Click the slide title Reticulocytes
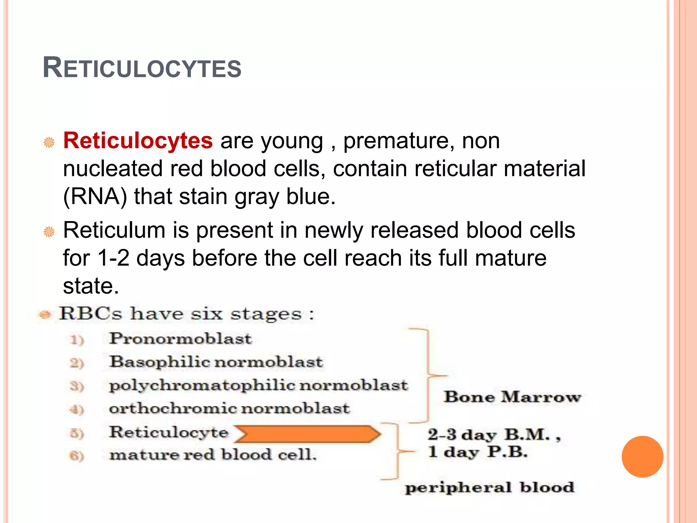pos(142,68)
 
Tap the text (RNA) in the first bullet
pos(95,197)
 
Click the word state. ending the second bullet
pos(91,286)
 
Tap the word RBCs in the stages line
pos(90,314)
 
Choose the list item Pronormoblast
pos(180,338)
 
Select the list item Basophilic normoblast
pos(216,362)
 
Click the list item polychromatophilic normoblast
pos(258,385)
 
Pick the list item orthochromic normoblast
pos(229,408)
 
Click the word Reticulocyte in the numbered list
pos(168,432)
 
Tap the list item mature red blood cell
pos(213,455)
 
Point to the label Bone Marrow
pos(513,397)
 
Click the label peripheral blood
pos(489,487)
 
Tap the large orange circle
pos(642,457)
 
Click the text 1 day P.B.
pos(478,452)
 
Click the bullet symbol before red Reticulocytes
pos(49,142)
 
